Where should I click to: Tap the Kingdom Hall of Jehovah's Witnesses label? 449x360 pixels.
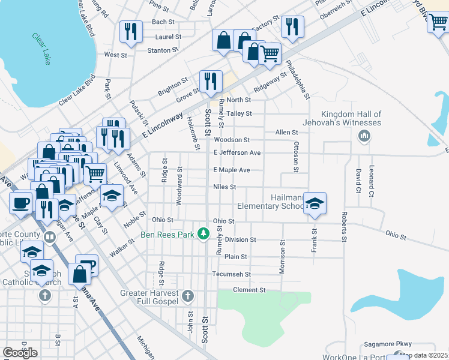351,118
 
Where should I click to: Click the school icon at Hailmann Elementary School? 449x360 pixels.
315,204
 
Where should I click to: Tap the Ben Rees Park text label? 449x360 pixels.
167,235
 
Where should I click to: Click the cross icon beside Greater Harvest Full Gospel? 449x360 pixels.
188,296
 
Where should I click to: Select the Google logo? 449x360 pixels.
20,352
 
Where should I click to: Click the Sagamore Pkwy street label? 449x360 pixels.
388,344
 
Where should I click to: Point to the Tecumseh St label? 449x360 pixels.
231,274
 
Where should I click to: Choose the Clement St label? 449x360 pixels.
249,290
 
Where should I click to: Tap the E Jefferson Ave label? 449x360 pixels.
237,153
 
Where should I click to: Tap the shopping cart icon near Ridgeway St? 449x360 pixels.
270,53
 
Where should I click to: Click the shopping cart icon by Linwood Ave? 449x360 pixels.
95,174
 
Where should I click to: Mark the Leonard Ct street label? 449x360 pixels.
372,181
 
